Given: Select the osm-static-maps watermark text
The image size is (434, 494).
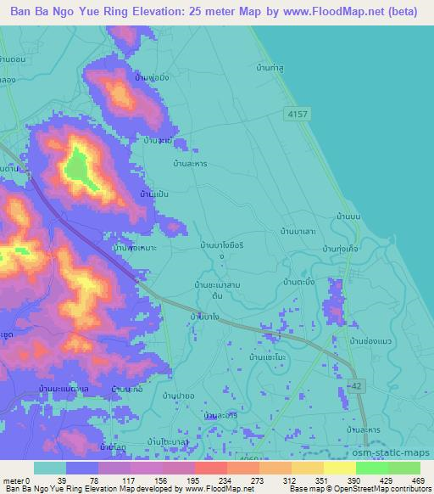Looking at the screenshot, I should [398, 455].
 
